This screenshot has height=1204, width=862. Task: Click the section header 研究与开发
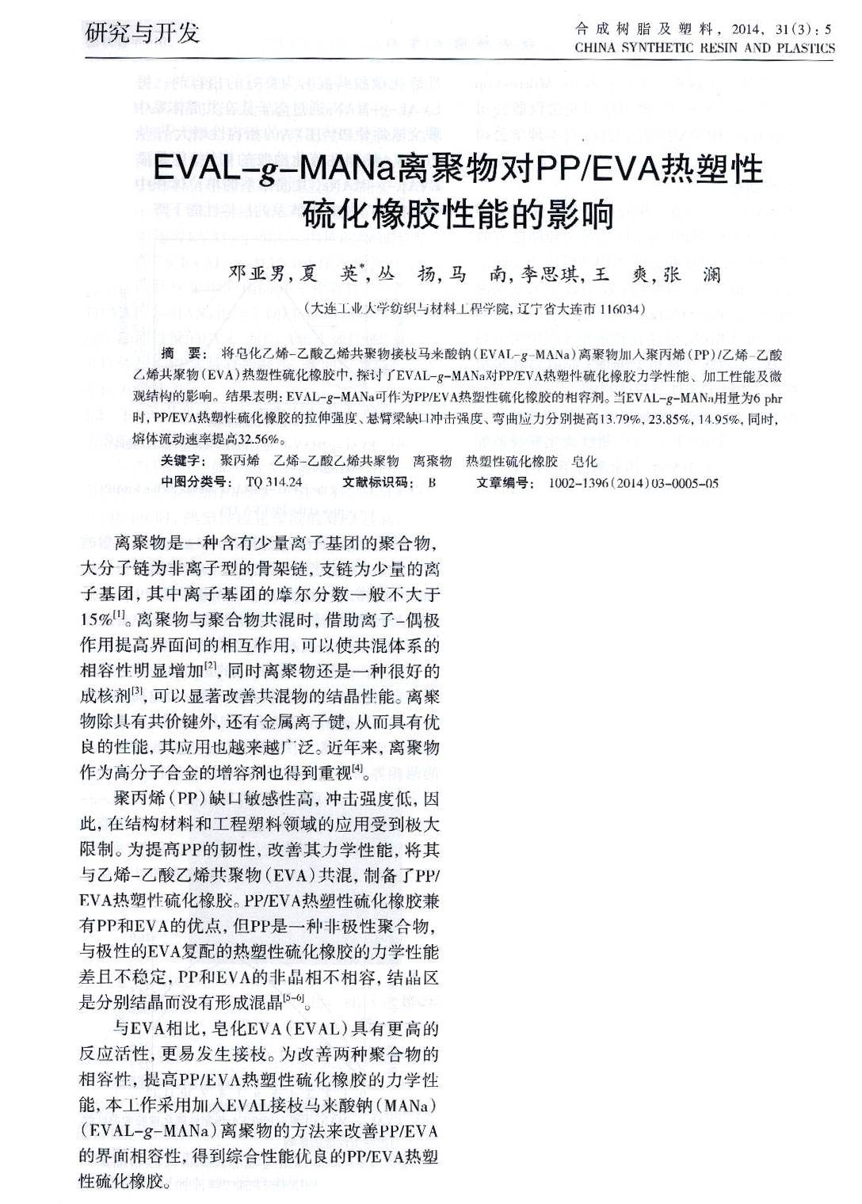click(x=143, y=33)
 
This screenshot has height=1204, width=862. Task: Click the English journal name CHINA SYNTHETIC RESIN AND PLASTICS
click(x=704, y=48)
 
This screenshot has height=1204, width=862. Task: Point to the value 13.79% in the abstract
click(x=620, y=417)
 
